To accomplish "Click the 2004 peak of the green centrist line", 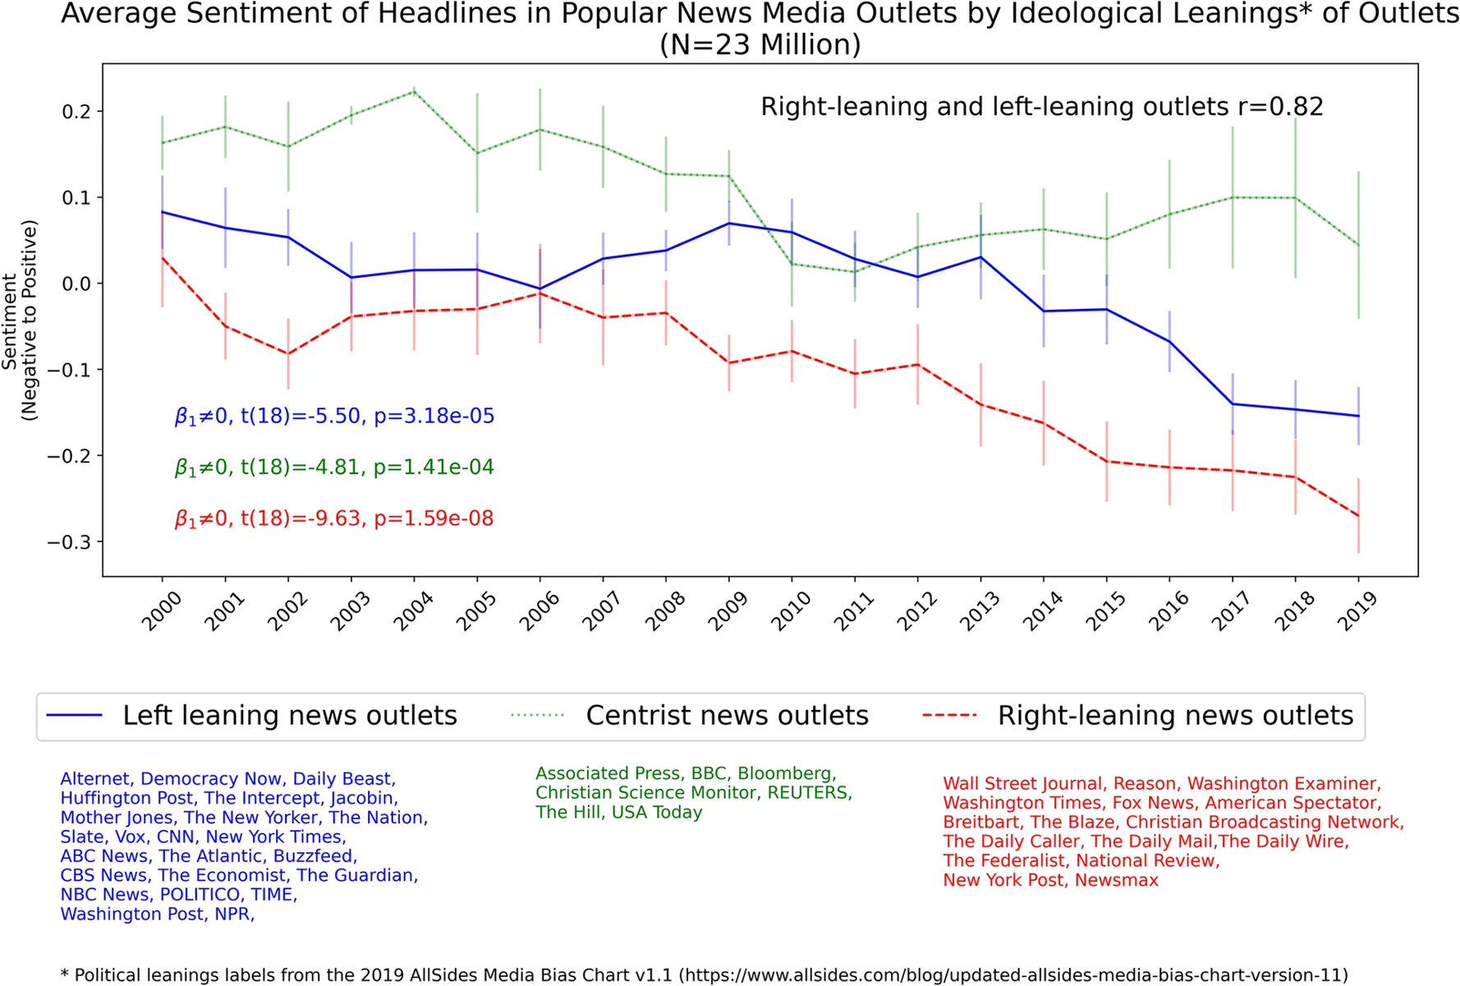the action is (x=415, y=90).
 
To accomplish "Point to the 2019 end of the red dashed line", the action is (x=1358, y=516).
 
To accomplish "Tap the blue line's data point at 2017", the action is (x=1233, y=403).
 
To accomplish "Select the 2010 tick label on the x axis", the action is (x=791, y=611).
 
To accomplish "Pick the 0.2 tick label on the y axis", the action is (x=76, y=112).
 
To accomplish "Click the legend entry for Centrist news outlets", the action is (x=689, y=716).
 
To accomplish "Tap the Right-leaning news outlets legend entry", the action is (x=1138, y=716).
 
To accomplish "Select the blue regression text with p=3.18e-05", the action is (x=334, y=416).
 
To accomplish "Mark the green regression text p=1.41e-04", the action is (x=434, y=467).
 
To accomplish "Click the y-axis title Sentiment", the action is (x=10, y=321).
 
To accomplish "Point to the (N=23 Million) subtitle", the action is (x=760, y=44).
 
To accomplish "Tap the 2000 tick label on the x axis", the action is (x=161, y=611).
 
